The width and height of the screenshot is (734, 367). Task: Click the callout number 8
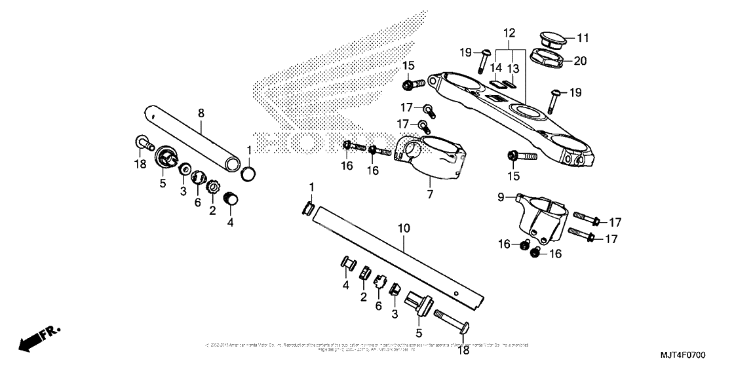(x=201, y=113)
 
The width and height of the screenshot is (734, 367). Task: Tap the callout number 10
(x=404, y=229)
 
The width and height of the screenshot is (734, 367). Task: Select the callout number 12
(x=510, y=32)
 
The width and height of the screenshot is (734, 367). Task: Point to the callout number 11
(x=583, y=37)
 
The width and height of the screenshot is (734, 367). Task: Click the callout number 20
(x=581, y=61)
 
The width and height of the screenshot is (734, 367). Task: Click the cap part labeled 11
(x=552, y=37)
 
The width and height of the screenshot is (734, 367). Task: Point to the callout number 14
(x=496, y=68)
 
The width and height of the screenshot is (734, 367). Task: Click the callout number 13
(x=512, y=68)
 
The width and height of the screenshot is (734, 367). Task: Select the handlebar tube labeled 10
(x=400, y=256)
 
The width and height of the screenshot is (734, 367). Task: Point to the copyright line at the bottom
(x=367, y=346)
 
